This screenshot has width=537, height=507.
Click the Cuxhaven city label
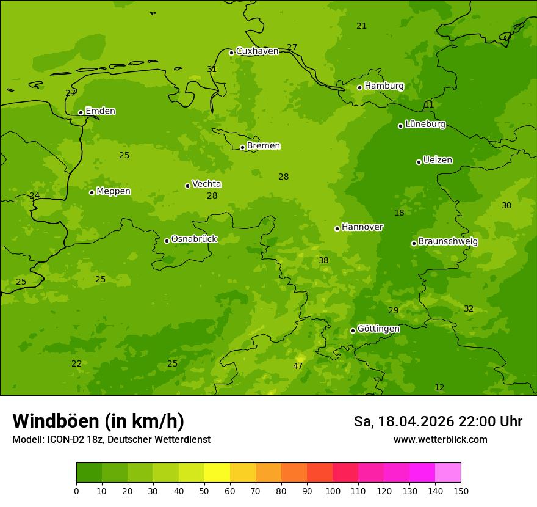(257, 51)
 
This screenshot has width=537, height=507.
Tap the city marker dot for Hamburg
(359, 87)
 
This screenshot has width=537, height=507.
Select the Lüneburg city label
(425, 124)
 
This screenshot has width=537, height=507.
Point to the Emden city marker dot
(81, 112)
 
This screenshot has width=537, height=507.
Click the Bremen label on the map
(263, 145)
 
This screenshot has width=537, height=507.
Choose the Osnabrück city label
(194, 239)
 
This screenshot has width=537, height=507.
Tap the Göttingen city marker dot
(353, 330)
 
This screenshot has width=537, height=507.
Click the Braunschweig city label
(448, 241)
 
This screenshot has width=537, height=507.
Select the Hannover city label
(362, 227)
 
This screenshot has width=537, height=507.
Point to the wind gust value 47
(298, 366)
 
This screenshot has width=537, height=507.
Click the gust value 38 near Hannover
(323, 260)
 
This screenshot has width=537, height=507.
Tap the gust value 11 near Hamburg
(429, 104)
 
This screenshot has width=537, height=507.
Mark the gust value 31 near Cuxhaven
(212, 69)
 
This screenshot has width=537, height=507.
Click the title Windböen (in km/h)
(98, 421)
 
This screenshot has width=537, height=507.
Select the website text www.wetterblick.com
(440, 439)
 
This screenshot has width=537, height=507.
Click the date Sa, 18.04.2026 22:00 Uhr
(438, 421)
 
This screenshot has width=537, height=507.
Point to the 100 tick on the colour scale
(333, 491)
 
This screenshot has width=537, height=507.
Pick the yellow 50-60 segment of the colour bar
(217, 473)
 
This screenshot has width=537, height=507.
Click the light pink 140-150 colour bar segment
(448, 473)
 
